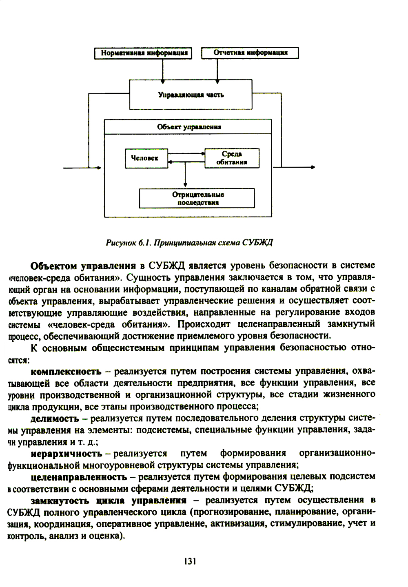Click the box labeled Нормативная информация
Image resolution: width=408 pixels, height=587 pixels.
pos(143,53)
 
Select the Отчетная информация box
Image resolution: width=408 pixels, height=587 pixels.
pos(250,53)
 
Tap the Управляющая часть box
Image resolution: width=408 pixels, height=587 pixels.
pos(191,95)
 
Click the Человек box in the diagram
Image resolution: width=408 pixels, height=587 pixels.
pos(146,158)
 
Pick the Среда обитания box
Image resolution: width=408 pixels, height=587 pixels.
pos(232,158)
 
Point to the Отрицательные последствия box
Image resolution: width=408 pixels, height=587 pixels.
pos(197,198)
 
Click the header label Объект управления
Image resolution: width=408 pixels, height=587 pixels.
pos(188,127)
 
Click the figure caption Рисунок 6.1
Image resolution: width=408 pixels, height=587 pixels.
pos(189,243)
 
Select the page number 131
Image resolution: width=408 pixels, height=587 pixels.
pos(190,561)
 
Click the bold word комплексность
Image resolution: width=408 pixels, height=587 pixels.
pos(66,372)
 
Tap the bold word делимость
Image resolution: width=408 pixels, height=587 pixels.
pos(55,419)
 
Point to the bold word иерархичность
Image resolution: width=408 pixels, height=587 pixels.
pos(67,454)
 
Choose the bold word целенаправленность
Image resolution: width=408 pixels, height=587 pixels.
pos(79,477)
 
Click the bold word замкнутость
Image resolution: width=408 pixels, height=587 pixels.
pos(60,501)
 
